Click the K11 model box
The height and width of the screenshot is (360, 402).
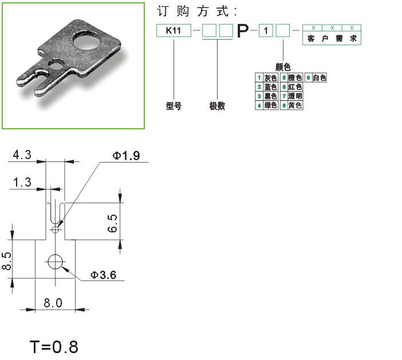coord(174,31)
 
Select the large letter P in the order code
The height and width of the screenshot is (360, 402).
coord(243,31)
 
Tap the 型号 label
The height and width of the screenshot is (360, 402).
coord(174,106)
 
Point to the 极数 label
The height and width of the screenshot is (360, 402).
coord(217,106)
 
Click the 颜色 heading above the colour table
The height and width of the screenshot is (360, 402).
coord(283,68)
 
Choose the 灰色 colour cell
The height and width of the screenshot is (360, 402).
coord(270,77)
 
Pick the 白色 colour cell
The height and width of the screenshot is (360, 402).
coord(319,77)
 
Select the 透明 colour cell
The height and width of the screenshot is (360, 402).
coord(295,96)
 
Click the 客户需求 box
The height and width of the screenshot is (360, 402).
coord(332,38)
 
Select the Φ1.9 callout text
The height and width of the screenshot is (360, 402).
coord(126,156)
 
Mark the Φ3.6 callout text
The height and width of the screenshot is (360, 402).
coord(103,275)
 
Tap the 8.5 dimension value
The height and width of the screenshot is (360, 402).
coord(6,262)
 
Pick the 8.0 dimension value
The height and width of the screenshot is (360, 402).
coord(53,303)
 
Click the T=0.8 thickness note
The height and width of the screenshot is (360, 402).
coord(54,347)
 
